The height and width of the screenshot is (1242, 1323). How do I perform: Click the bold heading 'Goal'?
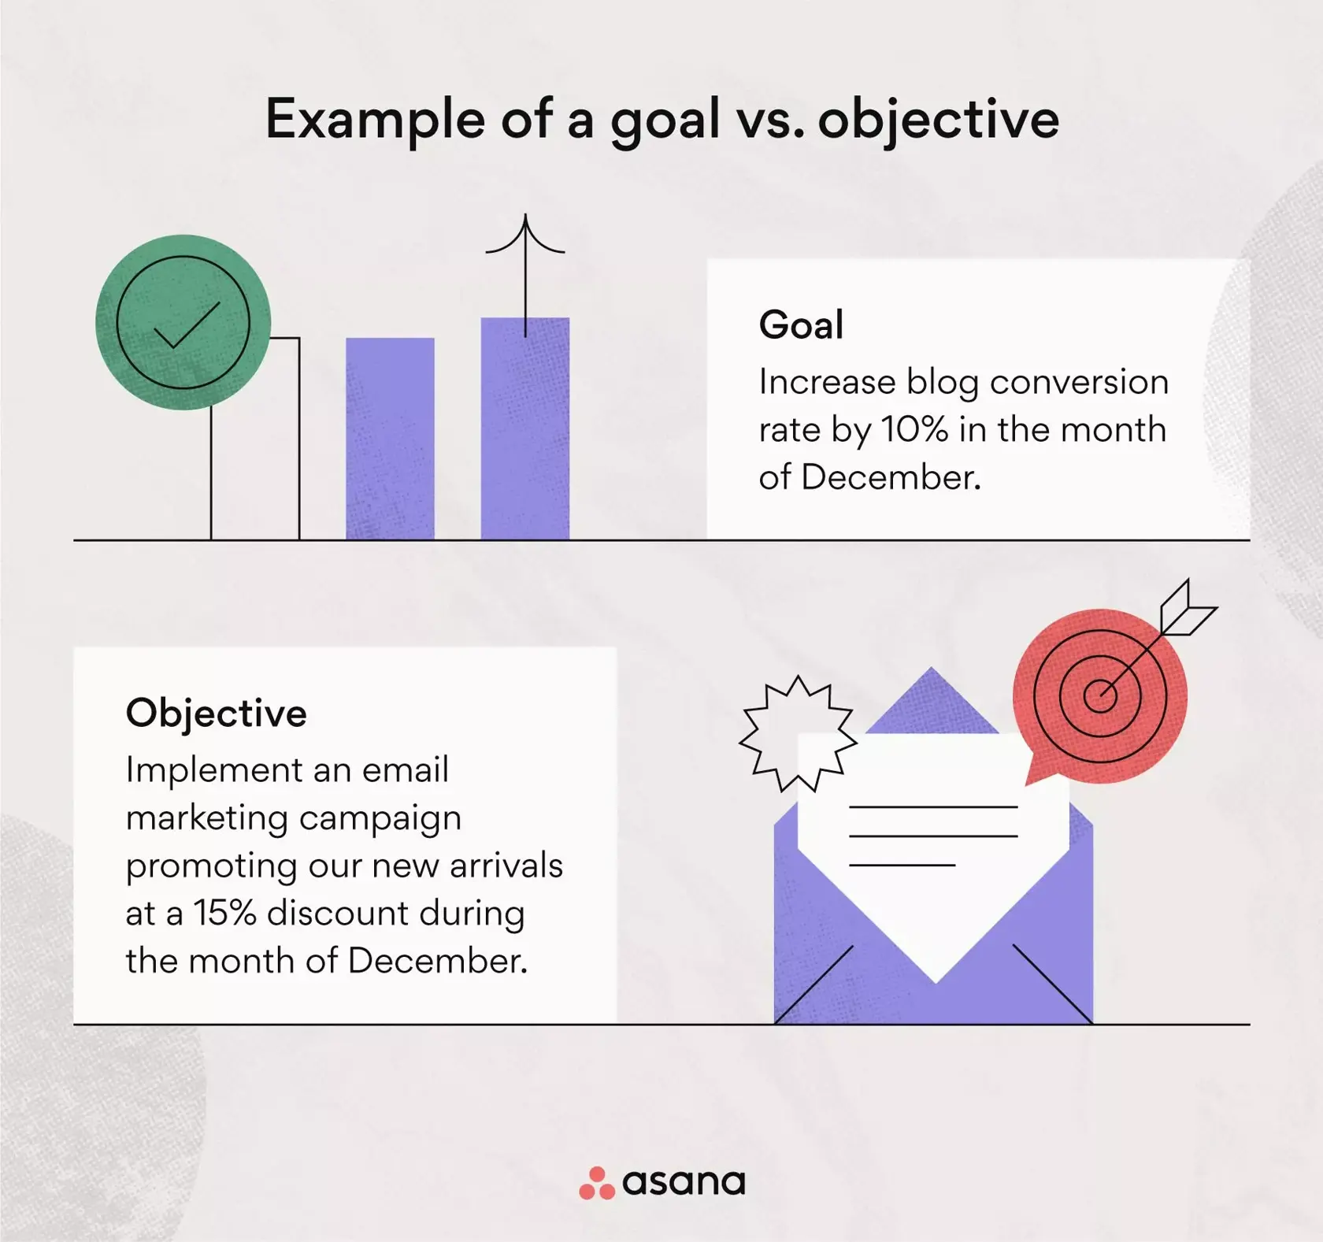pyautogui.click(x=801, y=324)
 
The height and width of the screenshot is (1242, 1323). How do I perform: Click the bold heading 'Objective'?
pyautogui.click(x=216, y=713)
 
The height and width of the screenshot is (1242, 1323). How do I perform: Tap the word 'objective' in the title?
pyautogui.click(x=938, y=120)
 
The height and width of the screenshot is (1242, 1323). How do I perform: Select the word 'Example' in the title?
pyautogui.click(x=375, y=120)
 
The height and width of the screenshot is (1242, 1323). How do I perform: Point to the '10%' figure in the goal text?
pyautogui.click(x=914, y=430)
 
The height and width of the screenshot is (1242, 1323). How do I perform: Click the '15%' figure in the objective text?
pyautogui.click(x=224, y=914)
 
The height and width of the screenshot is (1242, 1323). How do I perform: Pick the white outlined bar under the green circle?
pyautogui.click(x=255, y=473)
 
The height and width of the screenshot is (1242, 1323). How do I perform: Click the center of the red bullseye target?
pyautogui.click(x=1099, y=694)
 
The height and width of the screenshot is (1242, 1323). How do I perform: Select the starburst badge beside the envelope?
pyautogui.click(x=798, y=732)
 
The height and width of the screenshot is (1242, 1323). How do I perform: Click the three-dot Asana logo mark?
pyautogui.click(x=596, y=1183)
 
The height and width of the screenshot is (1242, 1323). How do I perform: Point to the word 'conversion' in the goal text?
pyautogui.click(x=1079, y=383)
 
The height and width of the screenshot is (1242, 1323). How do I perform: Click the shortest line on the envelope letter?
pyautogui.click(x=902, y=865)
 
